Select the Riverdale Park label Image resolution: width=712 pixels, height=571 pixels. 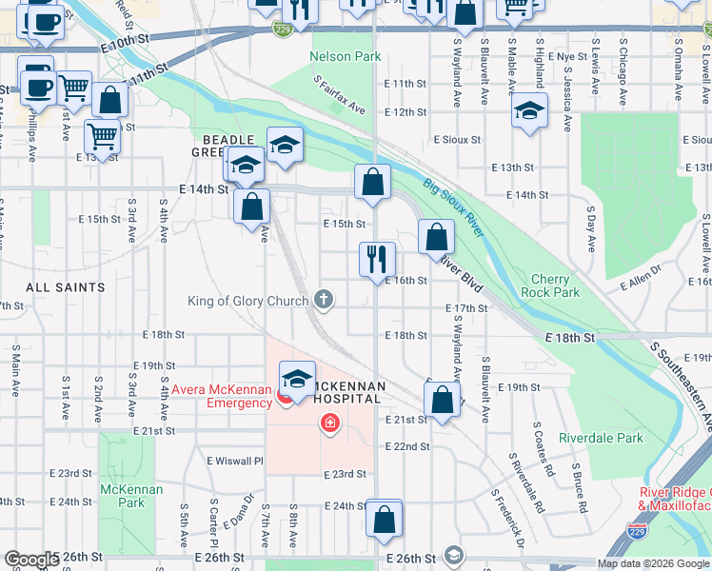click(x=603, y=438)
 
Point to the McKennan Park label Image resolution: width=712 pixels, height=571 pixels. click(x=131, y=496)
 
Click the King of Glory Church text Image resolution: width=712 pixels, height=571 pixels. click(x=248, y=301)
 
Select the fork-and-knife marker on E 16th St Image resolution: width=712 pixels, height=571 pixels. click(x=377, y=258)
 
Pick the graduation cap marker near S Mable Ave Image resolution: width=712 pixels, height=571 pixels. click(x=530, y=111)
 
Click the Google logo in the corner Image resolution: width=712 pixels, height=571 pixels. click(x=30, y=560)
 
